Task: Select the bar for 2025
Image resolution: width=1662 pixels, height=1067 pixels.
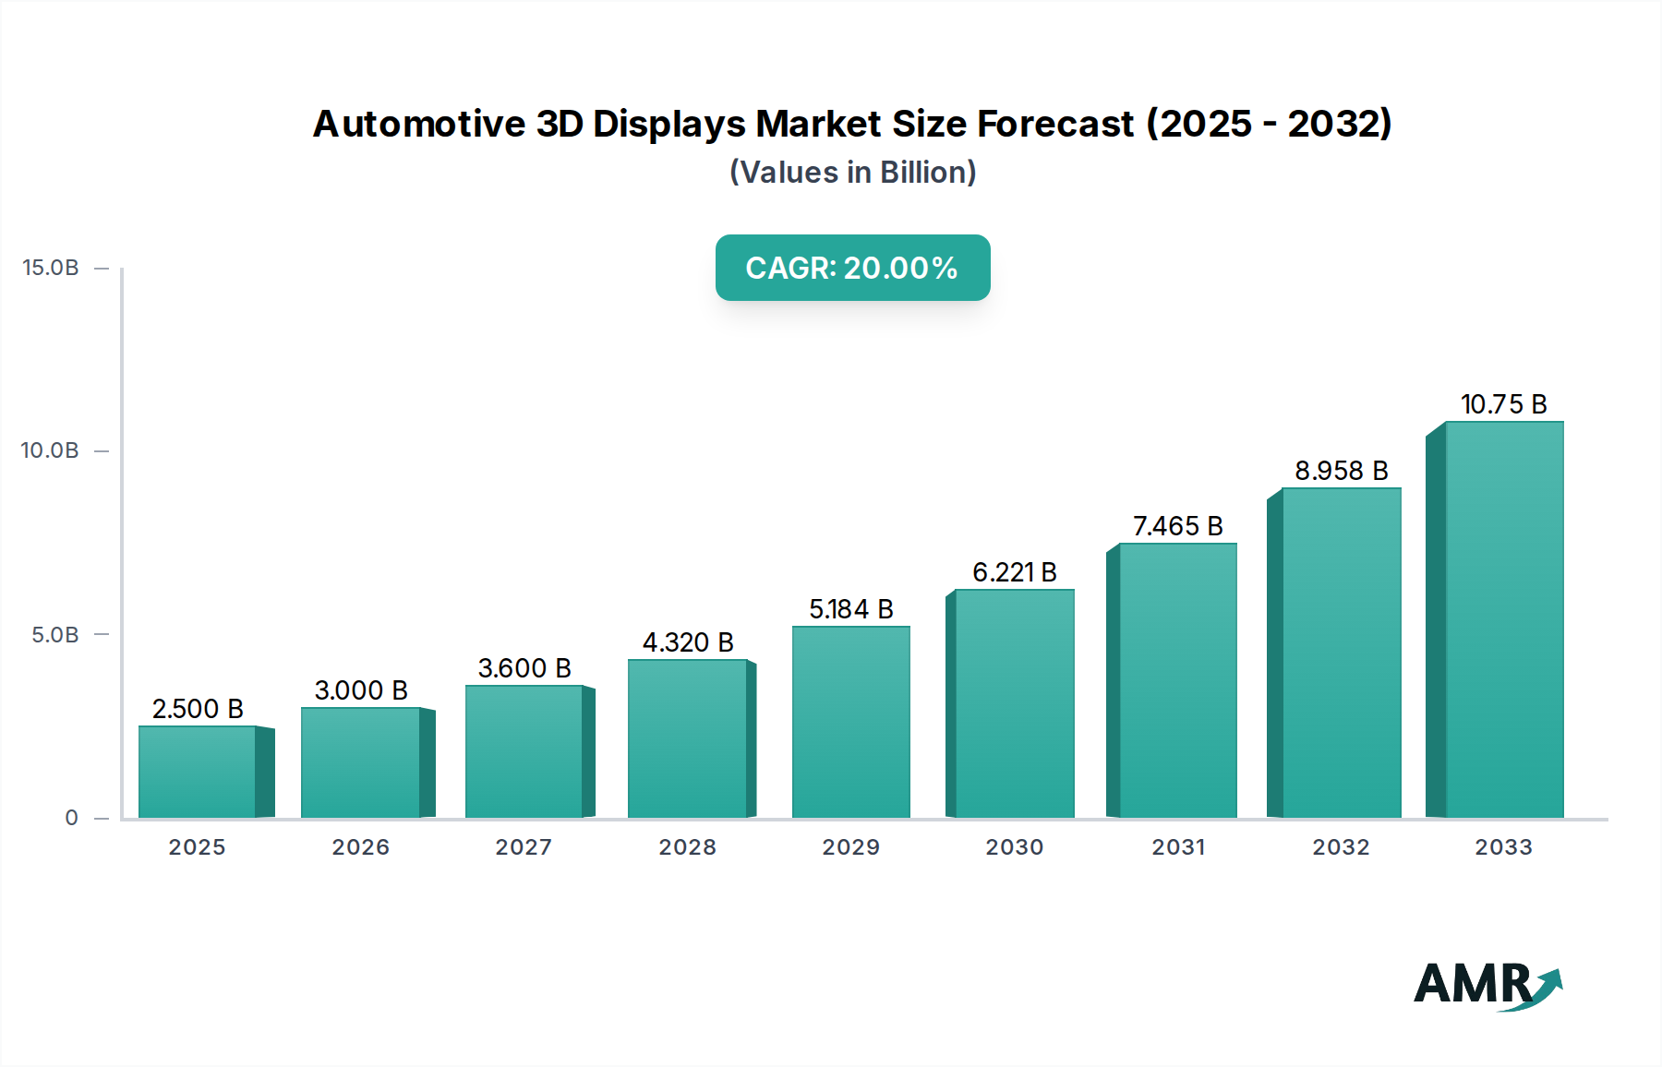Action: [198, 772]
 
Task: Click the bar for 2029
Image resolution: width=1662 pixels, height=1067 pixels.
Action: [851, 722]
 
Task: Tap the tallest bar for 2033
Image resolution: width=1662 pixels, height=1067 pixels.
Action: [1503, 619]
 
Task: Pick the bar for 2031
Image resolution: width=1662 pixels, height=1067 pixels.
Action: [1177, 680]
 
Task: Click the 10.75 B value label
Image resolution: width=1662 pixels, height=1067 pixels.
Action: [1503, 404]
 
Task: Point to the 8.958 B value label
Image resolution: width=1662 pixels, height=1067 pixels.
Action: [1341, 471]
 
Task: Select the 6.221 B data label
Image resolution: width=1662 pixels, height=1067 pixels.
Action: [1014, 572]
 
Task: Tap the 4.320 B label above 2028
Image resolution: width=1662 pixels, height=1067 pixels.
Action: [688, 642]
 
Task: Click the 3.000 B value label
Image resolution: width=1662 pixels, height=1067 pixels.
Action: [361, 690]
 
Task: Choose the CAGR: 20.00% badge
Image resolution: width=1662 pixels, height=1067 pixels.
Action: [852, 268]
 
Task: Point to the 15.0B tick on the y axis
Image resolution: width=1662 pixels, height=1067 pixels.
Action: [51, 268]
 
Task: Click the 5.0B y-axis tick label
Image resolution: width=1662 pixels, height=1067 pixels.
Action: [55, 635]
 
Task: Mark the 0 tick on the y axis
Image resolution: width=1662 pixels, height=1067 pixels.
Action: [71, 818]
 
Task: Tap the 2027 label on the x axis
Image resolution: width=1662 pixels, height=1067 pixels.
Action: [524, 847]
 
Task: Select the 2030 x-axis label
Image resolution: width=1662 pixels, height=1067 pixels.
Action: [1014, 847]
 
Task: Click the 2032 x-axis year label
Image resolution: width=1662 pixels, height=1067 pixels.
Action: [1341, 847]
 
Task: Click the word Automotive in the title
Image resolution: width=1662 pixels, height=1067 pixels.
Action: [419, 124]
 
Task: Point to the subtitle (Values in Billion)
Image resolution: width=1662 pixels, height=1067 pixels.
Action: [852, 173]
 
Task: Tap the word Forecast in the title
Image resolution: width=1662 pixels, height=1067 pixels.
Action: [1055, 124]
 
